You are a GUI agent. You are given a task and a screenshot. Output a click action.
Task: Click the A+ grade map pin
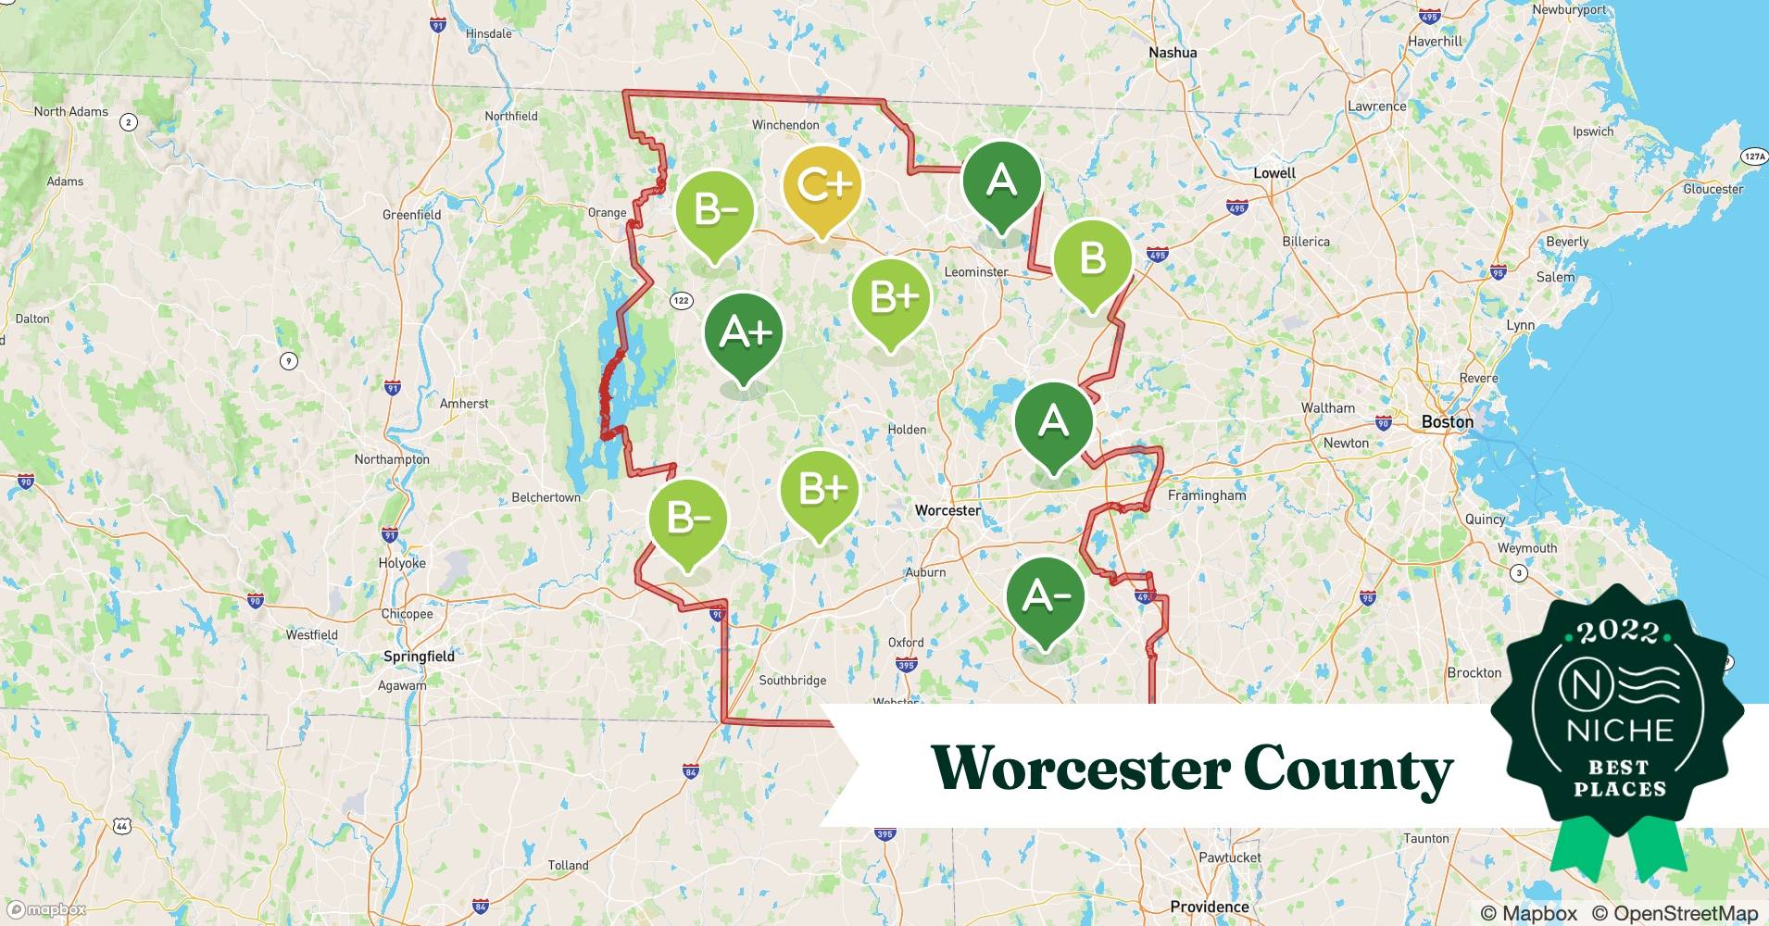click(744, 333)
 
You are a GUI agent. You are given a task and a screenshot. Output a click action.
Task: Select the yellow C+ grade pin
click(822, 186)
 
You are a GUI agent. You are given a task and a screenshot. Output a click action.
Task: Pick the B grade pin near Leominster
click(1093, 258)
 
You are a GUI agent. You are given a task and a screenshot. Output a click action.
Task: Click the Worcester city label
click(947, 510)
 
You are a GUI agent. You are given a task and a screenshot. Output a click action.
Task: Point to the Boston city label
click(1447, 422)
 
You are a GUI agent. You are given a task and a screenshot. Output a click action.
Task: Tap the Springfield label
click(419, 657)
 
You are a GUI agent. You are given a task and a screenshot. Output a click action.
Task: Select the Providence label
click(1209, 907)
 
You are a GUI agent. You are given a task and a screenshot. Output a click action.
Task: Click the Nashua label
click(1173, 53)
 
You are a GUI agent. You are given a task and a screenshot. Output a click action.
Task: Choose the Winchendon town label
click(785, 125)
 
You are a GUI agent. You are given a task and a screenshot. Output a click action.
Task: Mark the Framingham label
click(1207, 495)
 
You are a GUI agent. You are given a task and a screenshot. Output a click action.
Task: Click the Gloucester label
click(1713, 189)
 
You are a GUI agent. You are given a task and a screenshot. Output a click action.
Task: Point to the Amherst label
click(464, 404)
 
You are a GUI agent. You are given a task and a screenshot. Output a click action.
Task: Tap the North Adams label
click(71, 112)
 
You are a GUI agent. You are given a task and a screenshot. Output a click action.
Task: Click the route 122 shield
click(682, 300)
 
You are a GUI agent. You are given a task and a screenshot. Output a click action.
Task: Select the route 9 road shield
click(289, 360)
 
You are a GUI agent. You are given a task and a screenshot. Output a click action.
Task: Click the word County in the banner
click(1348, 769)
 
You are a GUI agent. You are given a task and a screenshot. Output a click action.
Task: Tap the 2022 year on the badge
click(1618, 632)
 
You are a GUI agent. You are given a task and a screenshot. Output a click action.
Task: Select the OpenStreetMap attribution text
click(1675, 913)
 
